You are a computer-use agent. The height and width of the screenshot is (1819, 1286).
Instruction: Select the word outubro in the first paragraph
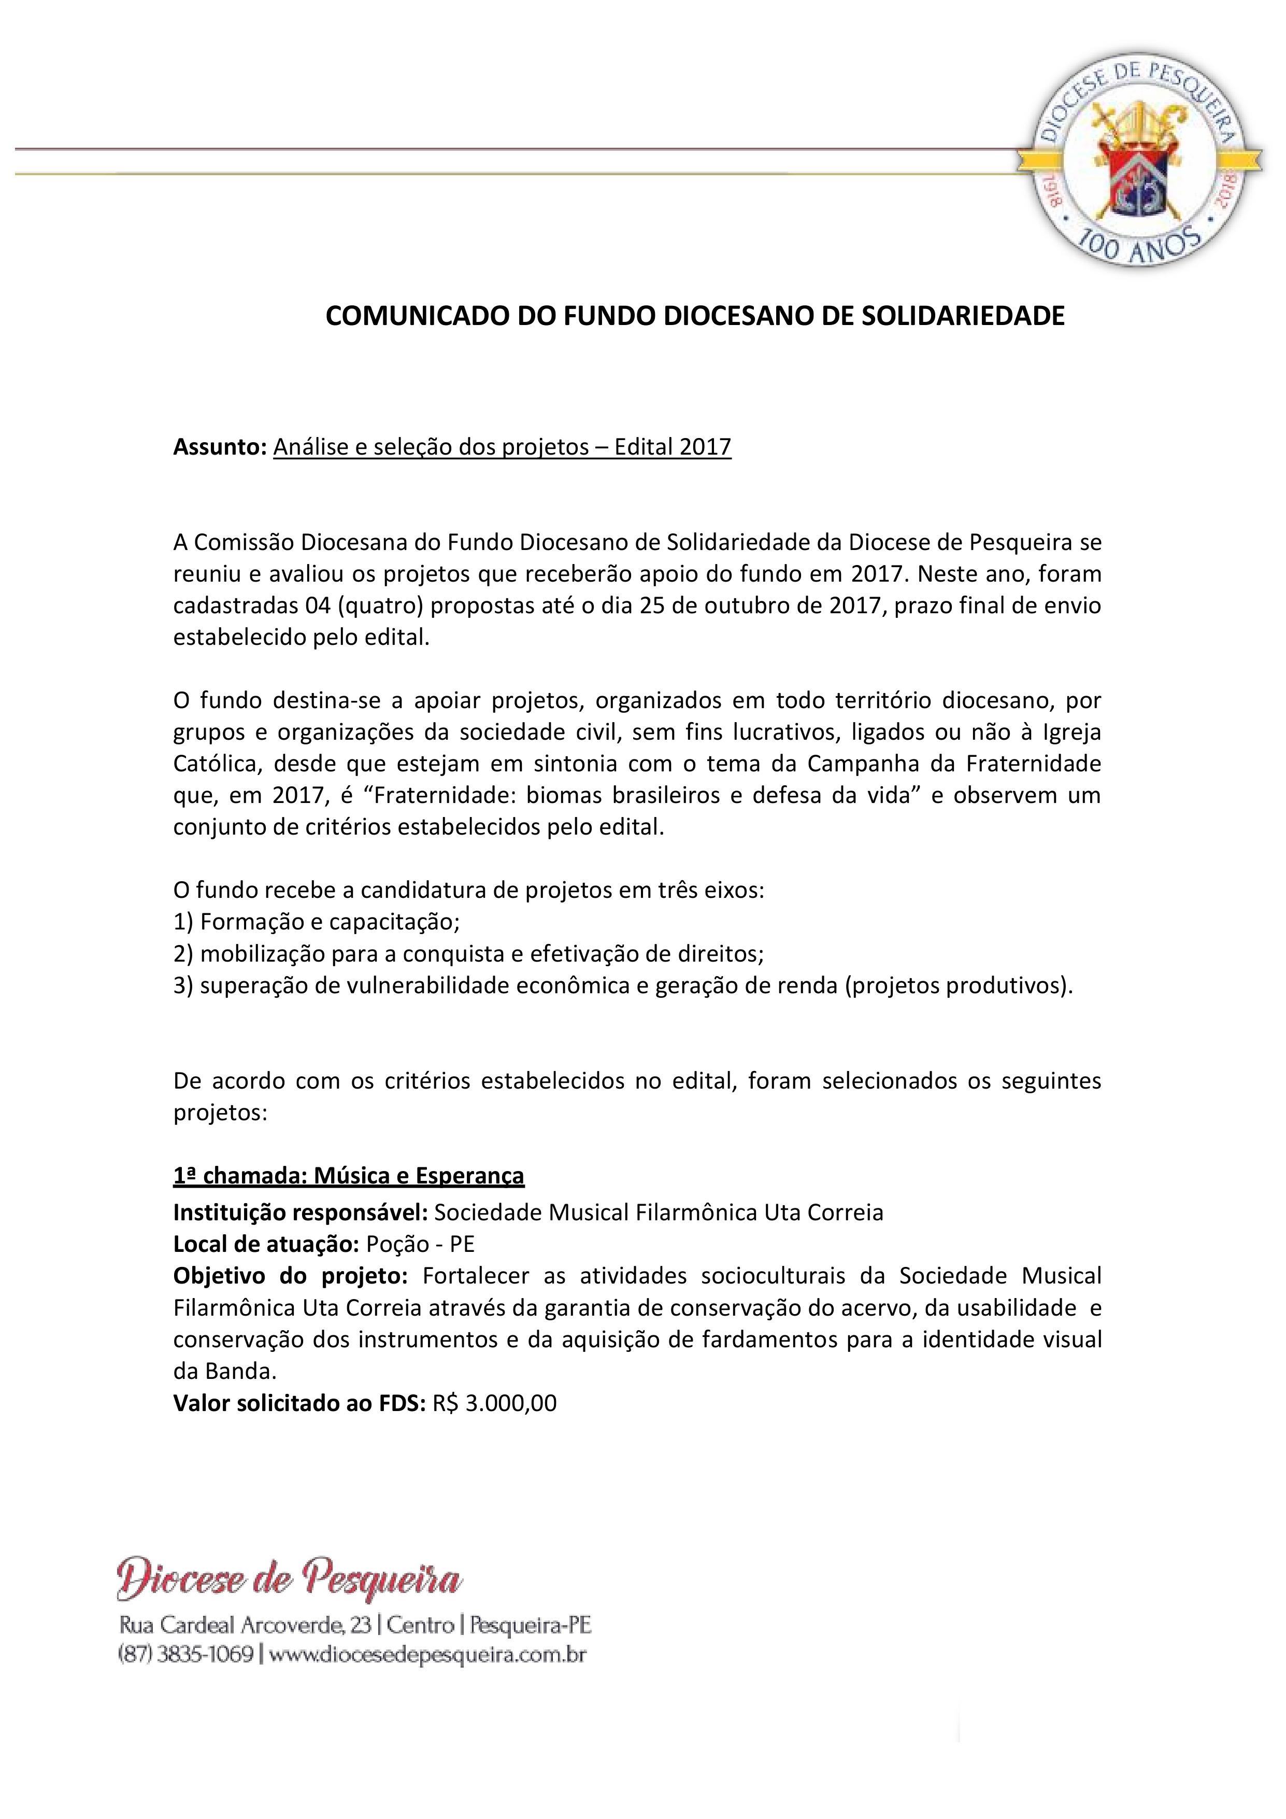(x=739, y=605)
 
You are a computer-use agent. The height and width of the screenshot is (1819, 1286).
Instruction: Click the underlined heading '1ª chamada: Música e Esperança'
(x=348, y=1176)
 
